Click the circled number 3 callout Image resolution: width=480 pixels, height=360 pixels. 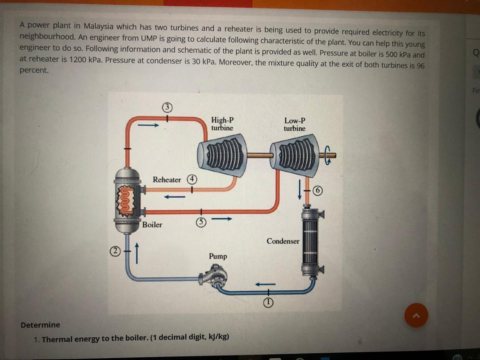click(167, 107)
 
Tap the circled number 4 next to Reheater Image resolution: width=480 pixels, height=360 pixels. click(192, 179)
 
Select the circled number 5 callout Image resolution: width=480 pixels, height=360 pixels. click(201, 221)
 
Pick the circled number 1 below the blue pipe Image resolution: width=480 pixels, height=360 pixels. click(268, 303)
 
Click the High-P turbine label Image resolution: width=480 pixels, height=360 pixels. click(222, 124)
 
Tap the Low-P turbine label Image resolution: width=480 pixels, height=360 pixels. click(295, 124)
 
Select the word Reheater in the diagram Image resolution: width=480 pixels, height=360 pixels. click(167, 180)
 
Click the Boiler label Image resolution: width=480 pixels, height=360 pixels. click(152, 224)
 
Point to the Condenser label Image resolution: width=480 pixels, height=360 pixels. click(283, 241)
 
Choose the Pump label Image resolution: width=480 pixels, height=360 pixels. click(218, 256)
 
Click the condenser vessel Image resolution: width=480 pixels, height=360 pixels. click(312, 242)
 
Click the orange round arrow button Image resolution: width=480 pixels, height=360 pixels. click(416, 316)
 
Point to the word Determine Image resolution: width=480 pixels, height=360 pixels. click(40, 324)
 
